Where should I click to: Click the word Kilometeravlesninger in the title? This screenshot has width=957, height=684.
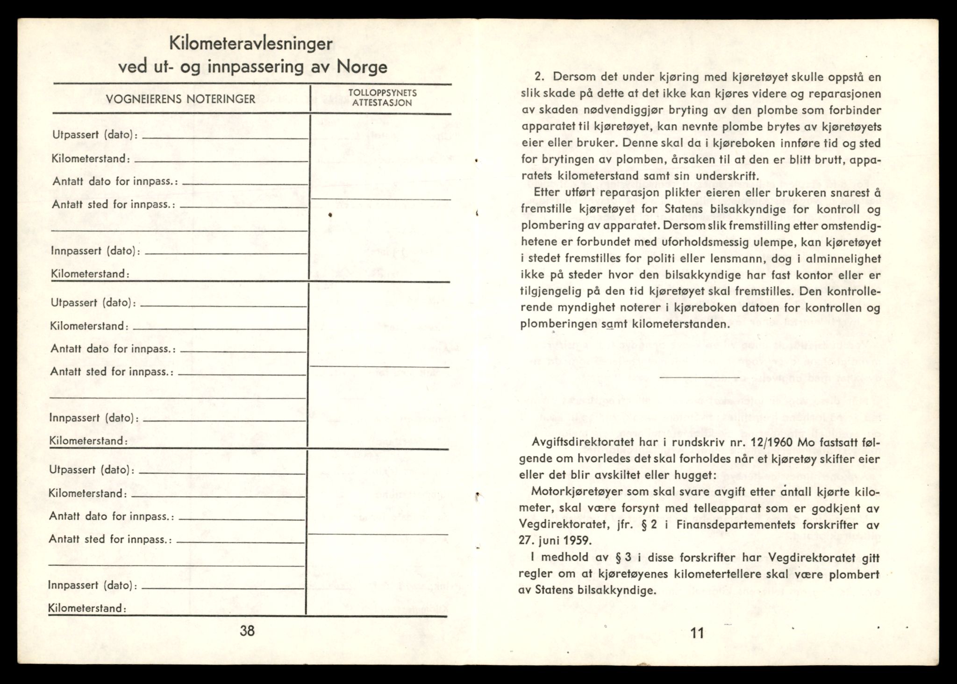[250, 44]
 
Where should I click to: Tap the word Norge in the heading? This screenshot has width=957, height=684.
[362, 67]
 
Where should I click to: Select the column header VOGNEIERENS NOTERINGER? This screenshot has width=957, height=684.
[180, 99]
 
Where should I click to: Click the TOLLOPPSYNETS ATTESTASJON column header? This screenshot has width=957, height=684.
[382, 98]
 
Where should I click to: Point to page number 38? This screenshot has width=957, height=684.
[247, 631]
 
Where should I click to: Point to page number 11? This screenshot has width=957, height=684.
[696, 633]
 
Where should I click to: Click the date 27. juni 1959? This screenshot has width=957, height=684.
[555, 541]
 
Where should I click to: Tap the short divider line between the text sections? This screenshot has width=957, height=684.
[699, 376]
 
